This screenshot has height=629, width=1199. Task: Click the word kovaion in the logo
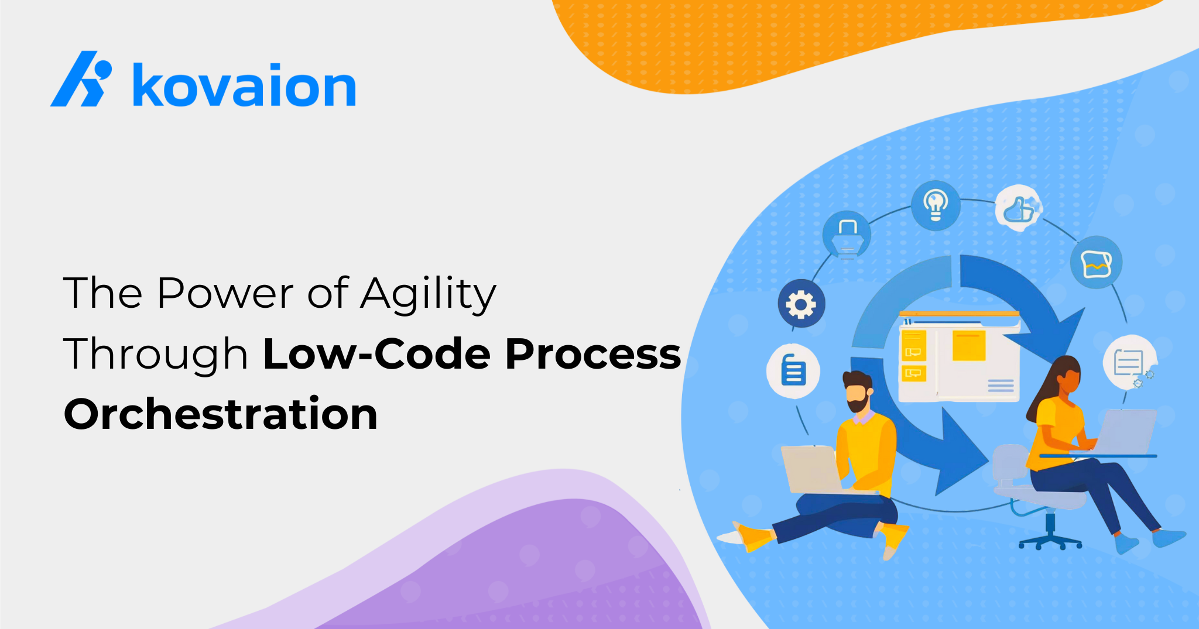click(x=244, y=85)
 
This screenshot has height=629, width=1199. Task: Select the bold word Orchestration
click(x=221, y=414)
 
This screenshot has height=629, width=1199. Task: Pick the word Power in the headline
click(x=225, y=293)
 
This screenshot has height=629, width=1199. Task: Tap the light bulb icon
click(x=936, y=205)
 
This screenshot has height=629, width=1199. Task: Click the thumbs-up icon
click(x=1019, y=208)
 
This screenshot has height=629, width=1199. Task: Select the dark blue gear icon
click(x=801, y=304)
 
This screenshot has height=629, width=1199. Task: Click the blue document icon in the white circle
click(x=793, y=372)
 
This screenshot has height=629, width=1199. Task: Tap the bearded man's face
click(x=858, y=395)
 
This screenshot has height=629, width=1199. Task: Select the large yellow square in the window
click(x=969, y=345)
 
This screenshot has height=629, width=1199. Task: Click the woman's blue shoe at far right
click(x=1169, y=537)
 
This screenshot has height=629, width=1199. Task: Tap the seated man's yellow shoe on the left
click(x=753, y=537)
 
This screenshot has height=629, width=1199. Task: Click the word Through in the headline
click(x=156, y=355)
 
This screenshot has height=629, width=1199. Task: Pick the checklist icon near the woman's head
click(x=1129, y=362)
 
